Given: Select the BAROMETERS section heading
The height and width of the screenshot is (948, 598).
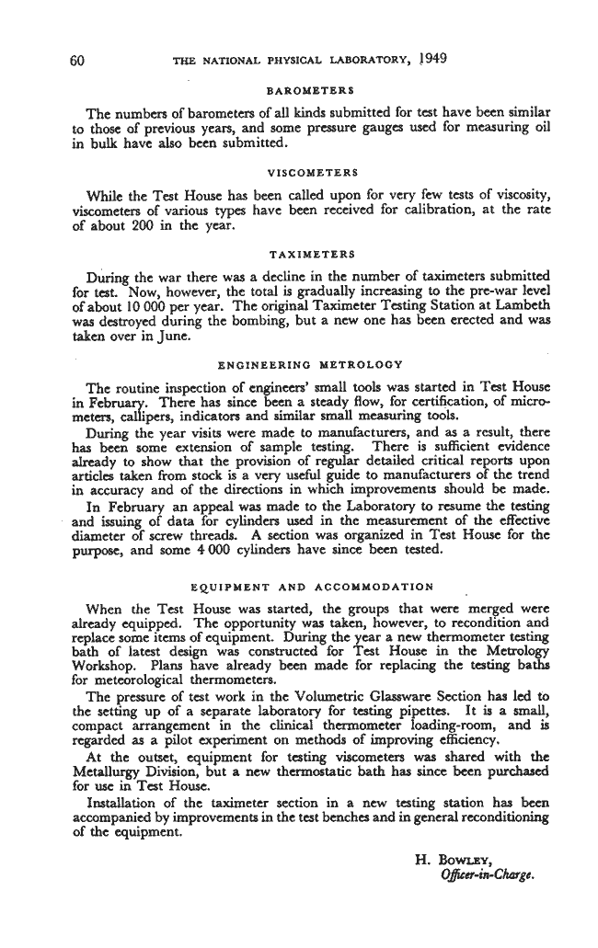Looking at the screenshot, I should coord(311,91).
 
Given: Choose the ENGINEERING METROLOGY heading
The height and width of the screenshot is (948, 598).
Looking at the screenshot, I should coord(310,363).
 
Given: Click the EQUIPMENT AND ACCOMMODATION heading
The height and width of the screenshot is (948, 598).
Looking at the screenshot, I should coord(312,585).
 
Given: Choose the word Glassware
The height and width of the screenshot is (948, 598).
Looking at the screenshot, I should coord(396,695).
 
